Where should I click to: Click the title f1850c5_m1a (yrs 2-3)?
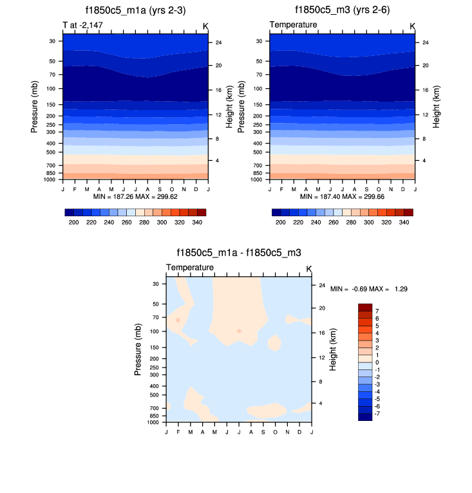135,10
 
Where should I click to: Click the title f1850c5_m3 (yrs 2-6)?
342,10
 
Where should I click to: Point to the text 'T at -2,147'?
83,25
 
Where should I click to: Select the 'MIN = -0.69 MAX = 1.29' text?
369,290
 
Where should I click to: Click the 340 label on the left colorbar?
197,222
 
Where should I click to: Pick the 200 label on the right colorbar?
280,222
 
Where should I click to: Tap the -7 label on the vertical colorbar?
378,413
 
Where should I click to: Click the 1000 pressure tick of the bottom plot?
153,423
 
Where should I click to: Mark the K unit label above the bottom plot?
308,268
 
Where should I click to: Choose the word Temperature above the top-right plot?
293,25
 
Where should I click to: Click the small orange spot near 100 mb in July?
239,331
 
